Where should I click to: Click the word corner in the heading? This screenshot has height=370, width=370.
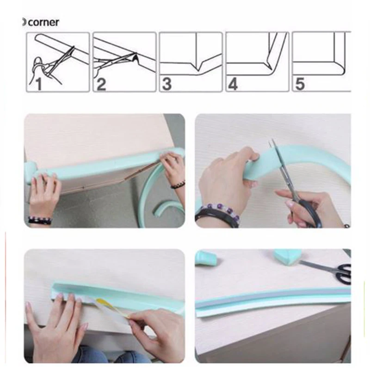tap(43, 23)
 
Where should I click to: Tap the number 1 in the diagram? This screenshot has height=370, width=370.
tap(39, 84)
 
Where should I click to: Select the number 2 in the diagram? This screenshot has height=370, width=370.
tap(101, 84)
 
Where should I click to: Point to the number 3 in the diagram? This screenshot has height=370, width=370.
tap(167, 84)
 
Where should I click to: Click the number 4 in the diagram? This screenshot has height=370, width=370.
tap(233, 84)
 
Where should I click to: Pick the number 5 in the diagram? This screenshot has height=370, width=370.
tap(300, 84)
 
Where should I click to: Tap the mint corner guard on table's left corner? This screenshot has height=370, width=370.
tap(31, 172)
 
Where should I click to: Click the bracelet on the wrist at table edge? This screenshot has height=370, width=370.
tap(40, 221)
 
